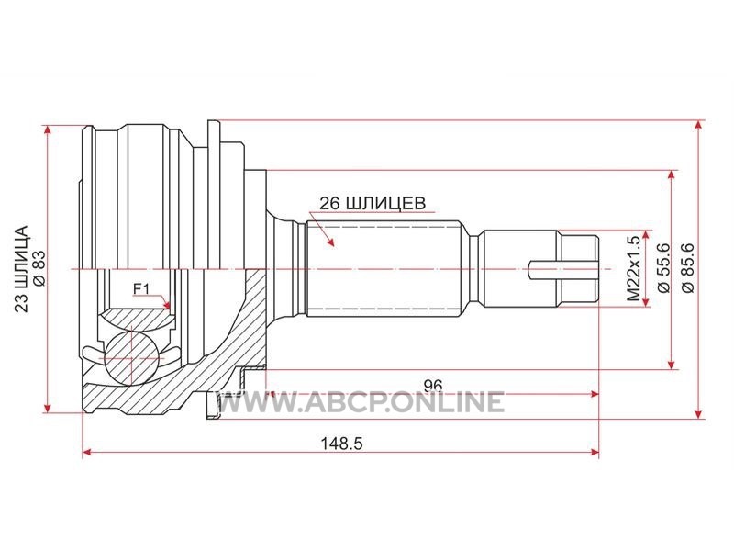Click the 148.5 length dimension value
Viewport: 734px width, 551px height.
coord(341,443)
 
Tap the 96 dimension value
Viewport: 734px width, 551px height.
coord(432,385)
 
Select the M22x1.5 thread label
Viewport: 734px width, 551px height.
coord(633,268)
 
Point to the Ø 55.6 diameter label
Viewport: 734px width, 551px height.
coord(663,268)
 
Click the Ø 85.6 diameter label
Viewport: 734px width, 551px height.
coord(688,268)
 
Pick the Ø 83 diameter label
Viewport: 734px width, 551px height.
coord(39,268)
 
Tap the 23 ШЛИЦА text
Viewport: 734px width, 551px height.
coord(21,268)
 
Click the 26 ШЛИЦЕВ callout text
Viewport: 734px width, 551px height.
coord(373,203)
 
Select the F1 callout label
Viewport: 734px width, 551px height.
coord(141,289)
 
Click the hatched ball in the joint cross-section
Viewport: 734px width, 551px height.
coord(131,358)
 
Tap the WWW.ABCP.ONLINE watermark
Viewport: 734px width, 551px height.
coord(361,402)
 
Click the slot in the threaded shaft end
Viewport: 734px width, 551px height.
coord(563,269)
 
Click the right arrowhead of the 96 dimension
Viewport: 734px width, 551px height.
coord(594,395)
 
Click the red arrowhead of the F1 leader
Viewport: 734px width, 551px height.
coord(166,305)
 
